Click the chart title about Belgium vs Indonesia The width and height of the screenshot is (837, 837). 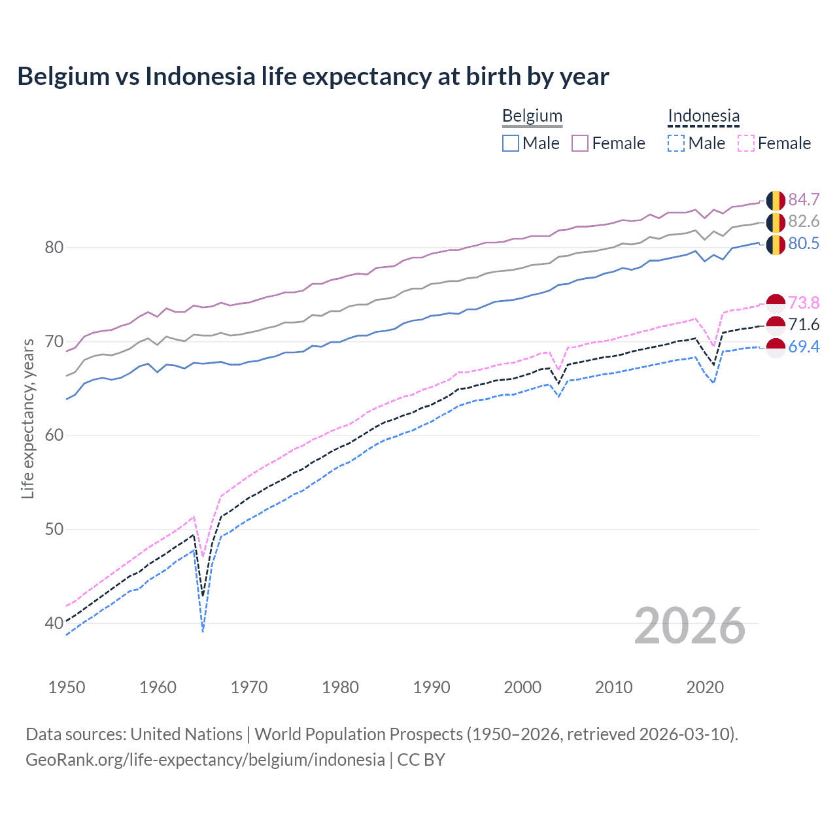(x=313, y=77)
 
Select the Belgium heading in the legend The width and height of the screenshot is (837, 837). (x=532, y=116)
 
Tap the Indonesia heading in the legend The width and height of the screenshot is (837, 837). (x=703, y=116)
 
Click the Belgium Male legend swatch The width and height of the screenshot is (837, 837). (x=511, y=143)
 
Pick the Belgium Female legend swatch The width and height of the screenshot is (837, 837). (x=580, y=143)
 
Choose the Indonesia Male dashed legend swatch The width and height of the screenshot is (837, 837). (x=676, y=143)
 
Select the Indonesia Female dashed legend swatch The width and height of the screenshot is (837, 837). (x=746, y=143)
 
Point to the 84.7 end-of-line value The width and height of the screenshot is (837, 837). (x=804, y=199)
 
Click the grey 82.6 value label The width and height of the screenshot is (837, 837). (x=804, y=222)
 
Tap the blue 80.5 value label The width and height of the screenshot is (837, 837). (x=804, y=244)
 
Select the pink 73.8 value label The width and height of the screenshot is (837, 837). (x=804, y=303)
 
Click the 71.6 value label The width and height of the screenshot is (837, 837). (x=804, y=324)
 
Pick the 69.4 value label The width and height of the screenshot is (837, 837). (x=804, y=347)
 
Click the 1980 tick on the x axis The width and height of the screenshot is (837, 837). (x=340, y=687)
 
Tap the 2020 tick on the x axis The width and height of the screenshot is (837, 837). (x=705, y=687)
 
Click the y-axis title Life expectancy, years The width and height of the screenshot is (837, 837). (x=28, y=418)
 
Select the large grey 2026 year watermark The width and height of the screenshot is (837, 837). (x=689, y=626)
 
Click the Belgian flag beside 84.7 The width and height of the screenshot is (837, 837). (x=776, y=200)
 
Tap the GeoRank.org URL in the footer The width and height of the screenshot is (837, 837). (x=205, y=760)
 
